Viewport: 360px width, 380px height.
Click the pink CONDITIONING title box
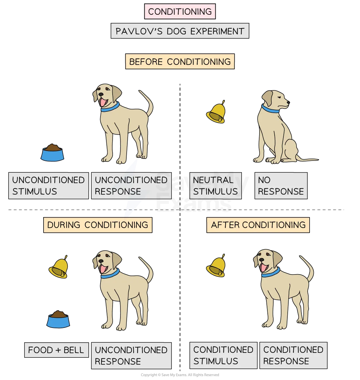click(x=180, y=11)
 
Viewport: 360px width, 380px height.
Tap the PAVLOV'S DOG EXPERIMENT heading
click(x=180, y=31)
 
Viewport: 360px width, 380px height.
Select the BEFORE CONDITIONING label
click(x=180, y=62)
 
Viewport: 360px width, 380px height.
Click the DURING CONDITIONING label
click(x=98, y=225)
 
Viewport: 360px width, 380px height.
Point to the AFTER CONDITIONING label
click(x=258, y=225)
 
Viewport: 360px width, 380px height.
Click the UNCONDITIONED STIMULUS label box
click(x=48, y=186)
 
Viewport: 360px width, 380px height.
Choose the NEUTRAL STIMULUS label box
click(x=215, y=186)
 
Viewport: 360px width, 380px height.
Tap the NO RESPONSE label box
click(x=281, y=186)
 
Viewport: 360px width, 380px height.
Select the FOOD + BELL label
click(x=56, y=350)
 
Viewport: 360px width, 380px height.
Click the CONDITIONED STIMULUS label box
click(x=223, y=355)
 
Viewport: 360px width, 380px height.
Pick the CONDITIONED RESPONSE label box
click(x=293, y=355)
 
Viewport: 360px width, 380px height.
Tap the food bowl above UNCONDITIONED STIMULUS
click(x=52, y=153)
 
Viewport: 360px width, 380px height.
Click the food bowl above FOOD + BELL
click(x=58, y=320)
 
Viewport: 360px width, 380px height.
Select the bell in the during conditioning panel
click(x=59, y=268)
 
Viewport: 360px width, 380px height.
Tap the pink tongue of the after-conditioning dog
click(x=264, y=267)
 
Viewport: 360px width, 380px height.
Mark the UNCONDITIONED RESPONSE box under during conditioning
click(x=131, y=356)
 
